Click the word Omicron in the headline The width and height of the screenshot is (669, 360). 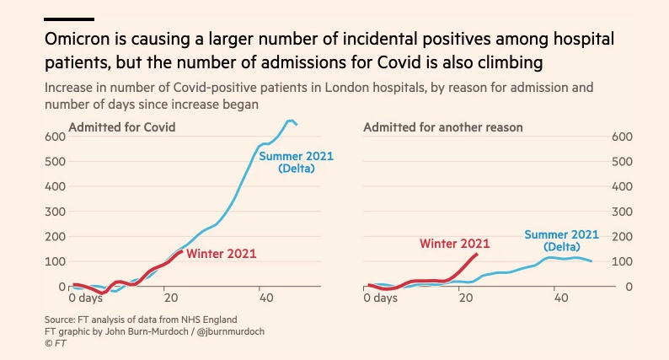pos(78,40)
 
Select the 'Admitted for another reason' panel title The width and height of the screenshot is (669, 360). pos(443,127)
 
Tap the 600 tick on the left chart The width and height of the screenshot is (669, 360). pos(54,137)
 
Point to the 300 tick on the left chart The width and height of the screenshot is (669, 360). pos(54,212)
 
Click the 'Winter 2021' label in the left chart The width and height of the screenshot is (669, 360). pos(221,253)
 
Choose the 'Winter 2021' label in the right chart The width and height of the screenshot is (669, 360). pos(454,244)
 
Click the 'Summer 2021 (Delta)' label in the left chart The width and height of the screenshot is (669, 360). pos(296,162)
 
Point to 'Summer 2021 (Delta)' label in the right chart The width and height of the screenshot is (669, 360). pos(561,240)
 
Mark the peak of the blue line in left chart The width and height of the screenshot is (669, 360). pos(291,121)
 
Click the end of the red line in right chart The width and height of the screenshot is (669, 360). pos(478,253)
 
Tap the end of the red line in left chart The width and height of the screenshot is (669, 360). pos(182,251)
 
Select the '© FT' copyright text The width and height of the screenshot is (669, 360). pos(55,343)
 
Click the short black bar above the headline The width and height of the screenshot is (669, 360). pos(70,19)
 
